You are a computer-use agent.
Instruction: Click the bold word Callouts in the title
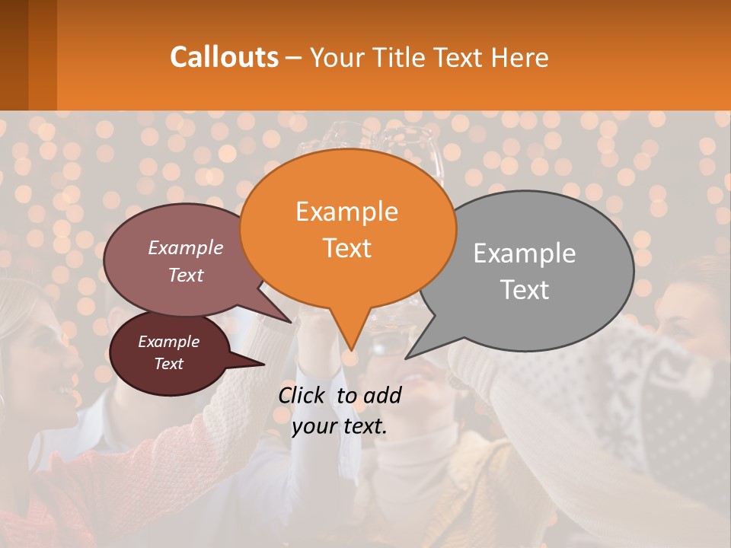point(224,57)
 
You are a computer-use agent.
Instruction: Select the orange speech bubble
point(347,228)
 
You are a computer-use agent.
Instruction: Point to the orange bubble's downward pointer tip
point(350,349)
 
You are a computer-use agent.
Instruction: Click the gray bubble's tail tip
point(407,357)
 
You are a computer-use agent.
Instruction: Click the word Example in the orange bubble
point(346,212)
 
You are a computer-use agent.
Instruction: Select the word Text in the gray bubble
point(525,290)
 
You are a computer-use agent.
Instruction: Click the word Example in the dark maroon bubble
point(168,342)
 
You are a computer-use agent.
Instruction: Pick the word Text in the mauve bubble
point(186,275)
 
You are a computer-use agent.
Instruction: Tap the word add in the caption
point(382,395)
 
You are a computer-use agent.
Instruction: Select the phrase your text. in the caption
point(339,426)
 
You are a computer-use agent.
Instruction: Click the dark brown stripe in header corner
point(14,55)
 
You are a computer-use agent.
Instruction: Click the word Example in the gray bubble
point(525,253)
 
